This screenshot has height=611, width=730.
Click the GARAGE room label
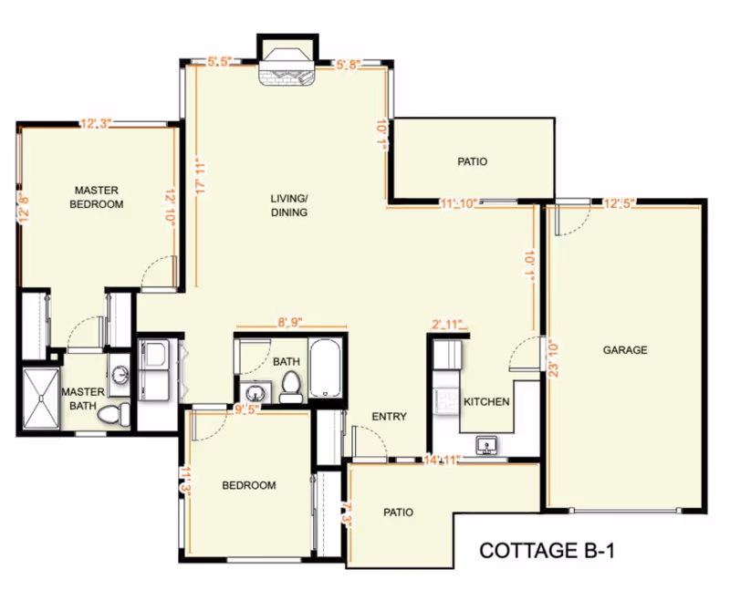coord(625,349)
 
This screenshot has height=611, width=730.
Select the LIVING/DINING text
coord(288,205)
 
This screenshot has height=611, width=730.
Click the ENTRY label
coord(389,417)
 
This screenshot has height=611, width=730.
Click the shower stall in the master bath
coord(40,398)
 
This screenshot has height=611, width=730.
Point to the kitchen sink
coord(487,445)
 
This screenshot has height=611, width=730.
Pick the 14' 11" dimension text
coord(440,461)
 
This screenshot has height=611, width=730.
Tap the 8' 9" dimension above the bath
coord(292,321)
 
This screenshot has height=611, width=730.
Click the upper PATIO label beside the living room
coord(472,161)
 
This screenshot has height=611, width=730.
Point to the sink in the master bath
coord(119,375)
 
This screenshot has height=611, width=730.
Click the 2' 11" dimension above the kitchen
coord(447,324)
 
